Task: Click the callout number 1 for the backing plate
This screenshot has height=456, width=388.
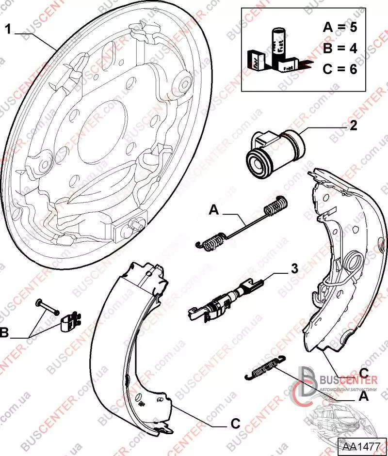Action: click(8, 29)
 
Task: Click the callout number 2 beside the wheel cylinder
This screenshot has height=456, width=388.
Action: click(353, 126)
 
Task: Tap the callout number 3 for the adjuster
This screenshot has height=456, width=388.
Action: click(293, 268)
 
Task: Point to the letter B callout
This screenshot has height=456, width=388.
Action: click(5, 334)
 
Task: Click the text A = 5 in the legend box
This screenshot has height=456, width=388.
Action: click(339, 27)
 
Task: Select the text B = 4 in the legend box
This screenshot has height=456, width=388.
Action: click(339, 48)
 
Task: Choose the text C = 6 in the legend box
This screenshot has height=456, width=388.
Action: click(339, 69)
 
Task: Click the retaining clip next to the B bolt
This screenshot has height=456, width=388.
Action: click(70, 321)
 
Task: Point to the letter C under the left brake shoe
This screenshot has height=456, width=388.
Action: click(235, 424)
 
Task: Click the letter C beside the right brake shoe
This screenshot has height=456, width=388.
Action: click(365, 373)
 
